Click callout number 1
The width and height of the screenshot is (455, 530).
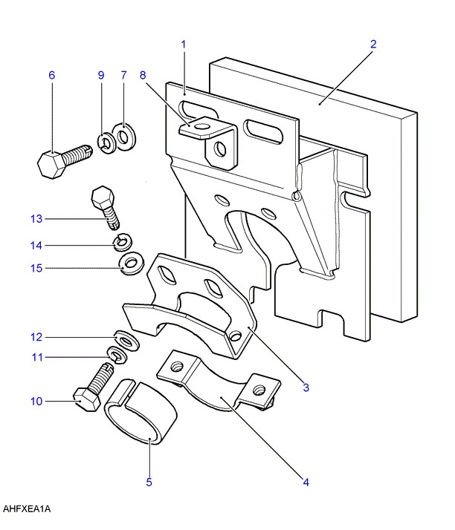pos(184,45)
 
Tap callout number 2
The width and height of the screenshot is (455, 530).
pos(373,44)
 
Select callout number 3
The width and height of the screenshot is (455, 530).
pos(306,387)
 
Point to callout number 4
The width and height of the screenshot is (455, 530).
pos(306,482)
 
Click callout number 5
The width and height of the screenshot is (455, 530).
pos(149,482)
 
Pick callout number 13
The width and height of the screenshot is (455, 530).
pos(36,219)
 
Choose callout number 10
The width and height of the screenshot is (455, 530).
pos(36,402)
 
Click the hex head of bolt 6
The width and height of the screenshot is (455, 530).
pos(50,165)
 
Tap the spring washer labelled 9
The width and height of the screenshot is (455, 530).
pos(106,143)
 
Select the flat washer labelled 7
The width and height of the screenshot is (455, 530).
pos(124,137)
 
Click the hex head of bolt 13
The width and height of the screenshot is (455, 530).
pos(103,197)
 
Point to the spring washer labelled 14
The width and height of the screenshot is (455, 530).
pos(123,242)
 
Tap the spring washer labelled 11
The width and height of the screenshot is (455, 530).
pos(117,355)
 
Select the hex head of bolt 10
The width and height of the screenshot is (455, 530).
pos(87,399)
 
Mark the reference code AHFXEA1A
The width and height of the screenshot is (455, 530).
pos(27,508)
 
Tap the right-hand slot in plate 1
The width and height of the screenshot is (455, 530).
pos(262,131)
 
